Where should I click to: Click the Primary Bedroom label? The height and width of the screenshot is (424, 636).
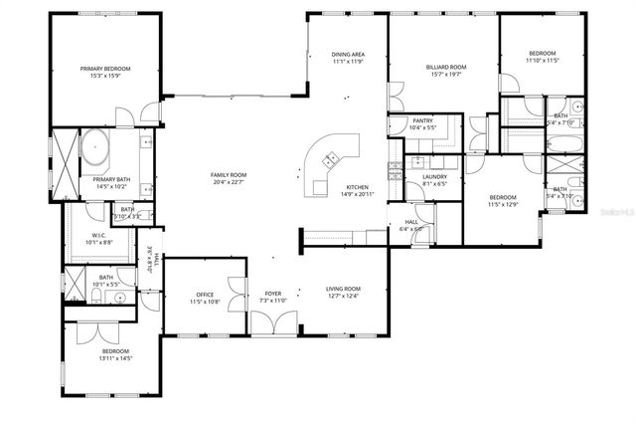pos(105,69)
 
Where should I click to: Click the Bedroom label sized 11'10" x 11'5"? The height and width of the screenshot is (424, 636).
pos(542,53)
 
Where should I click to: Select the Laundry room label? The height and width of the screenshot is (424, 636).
pos(434,177)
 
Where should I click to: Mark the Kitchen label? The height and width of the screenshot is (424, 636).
pos(357,187)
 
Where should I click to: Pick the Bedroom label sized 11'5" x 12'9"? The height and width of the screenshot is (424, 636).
pos(503,197)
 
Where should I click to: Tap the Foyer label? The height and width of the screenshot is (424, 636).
pos(272,294)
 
